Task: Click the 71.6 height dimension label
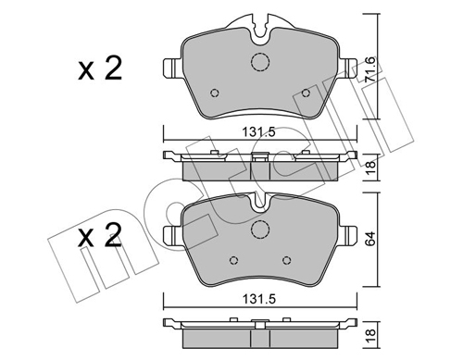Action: tap(370, 69)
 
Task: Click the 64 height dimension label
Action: tap(370, 238)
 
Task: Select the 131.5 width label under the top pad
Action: tap(258, 132)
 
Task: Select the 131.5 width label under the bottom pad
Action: tap(258, 299)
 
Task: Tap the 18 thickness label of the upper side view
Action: tap(370, 167)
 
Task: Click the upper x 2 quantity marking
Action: tap(100, 68)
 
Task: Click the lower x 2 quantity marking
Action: tap(100, 235)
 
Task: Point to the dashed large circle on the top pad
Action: tap(260, 61)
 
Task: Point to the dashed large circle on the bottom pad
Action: tap(260, 229)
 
